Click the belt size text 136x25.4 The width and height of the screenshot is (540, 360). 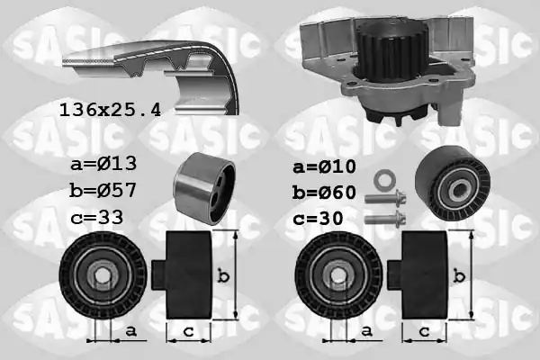pos(110,110)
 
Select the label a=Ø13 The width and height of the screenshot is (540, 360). pos(103,163)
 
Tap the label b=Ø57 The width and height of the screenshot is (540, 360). pos(103,190)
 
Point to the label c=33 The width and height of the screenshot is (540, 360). pos(97,218)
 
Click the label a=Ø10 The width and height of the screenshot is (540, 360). pos(324,166)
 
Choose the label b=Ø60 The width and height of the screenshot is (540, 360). pos(324,193)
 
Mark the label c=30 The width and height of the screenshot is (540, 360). pos(319,219)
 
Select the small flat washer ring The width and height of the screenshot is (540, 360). pos(385,180)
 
